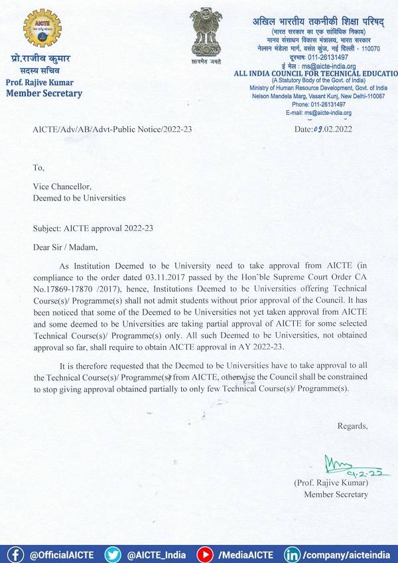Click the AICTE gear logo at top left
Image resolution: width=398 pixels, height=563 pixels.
pos(41,28)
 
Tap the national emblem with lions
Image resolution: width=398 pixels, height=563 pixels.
pos(206,29)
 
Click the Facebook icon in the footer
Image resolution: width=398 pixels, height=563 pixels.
pos(15,554)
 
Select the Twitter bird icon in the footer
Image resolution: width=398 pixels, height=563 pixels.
pos(113,554)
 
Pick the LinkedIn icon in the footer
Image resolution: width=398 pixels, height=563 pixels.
pos(292,554)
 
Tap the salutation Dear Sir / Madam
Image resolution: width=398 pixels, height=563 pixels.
pos(65,248)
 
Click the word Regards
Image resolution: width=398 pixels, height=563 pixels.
pos(352,425)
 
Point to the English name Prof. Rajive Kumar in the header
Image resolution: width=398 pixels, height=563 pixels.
pos(39,82)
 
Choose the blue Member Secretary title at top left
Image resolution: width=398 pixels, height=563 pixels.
pos(44,94)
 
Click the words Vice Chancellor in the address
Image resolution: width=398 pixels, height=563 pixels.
pos(62,187)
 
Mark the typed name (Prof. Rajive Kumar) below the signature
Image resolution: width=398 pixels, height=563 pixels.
pos(331,483)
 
